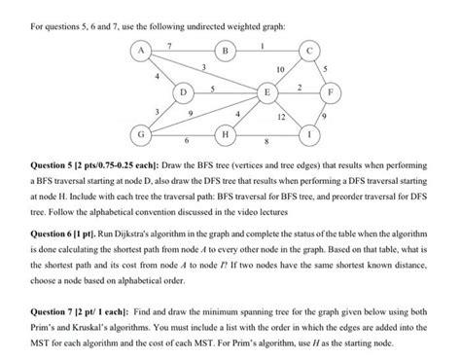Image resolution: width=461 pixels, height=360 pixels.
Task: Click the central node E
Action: pos(266,93)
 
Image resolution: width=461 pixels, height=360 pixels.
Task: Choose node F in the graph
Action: pos(335,93)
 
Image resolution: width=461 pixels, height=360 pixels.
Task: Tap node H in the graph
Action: pos(226,133)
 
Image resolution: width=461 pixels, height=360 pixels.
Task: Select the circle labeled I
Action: pos(308,132)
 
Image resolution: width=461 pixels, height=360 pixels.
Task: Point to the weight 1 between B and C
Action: pos(265,45)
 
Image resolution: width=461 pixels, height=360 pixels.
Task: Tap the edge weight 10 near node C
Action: pos(281,71)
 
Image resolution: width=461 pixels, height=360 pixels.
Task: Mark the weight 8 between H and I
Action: pos(266,141)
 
